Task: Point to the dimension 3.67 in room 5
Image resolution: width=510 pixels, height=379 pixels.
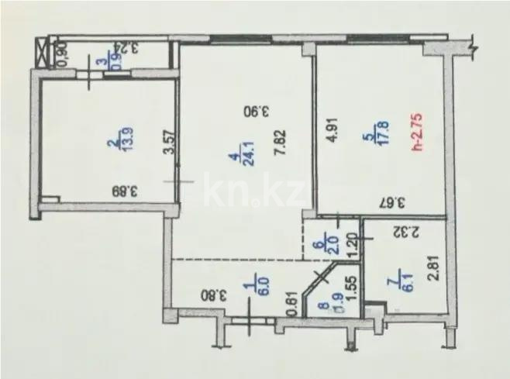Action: (x=395, y=205)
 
